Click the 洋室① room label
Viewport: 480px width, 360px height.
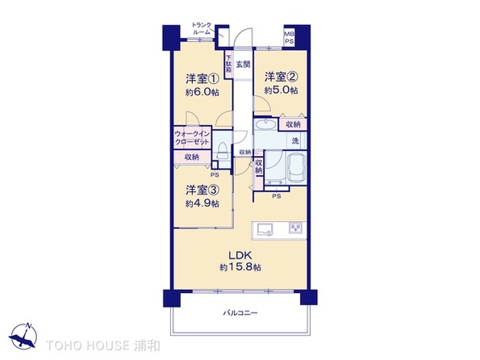point(202,79)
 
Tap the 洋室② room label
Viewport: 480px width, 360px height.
point(281,77)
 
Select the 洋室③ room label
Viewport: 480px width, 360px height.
point(202,190)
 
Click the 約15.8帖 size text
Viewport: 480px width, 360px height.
point(240,267)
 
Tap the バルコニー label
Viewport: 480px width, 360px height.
point(240,313)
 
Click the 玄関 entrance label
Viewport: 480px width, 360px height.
point(244,65)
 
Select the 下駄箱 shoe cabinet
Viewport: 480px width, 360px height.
point(228,64)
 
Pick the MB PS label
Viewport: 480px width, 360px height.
point(289,37)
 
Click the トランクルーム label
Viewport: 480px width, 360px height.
point(202,28)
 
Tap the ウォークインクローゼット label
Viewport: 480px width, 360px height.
point(192,137)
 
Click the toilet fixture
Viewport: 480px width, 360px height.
point(222,150)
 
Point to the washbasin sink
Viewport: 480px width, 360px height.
point(265,124)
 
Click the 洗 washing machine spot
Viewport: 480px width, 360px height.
point(295,141)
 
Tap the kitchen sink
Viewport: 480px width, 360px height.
point(265,229)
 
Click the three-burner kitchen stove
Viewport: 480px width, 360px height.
point(295,228)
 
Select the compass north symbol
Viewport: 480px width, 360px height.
point(23,337)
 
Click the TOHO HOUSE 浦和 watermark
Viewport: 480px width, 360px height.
point(103,345)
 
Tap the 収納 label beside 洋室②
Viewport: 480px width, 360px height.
point(293,124)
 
